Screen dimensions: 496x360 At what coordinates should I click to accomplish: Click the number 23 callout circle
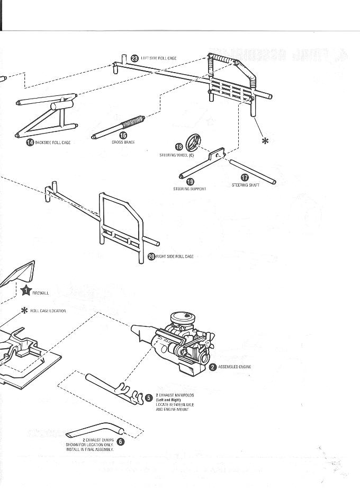pos(134,58)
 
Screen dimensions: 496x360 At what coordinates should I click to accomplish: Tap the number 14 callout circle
pos(30,143)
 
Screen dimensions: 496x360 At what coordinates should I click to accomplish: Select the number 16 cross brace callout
pos(123,136)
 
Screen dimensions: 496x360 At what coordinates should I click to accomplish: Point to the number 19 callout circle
pos(190,182)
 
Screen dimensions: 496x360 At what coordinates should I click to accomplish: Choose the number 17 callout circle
pos(245,178)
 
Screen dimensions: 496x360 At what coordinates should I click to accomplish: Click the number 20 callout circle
pos(151,256)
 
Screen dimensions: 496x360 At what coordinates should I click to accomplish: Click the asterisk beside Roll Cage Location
pos(23,311)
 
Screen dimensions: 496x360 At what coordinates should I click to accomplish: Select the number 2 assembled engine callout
pos(213,367)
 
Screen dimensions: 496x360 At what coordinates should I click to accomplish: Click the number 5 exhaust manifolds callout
pos(149,397)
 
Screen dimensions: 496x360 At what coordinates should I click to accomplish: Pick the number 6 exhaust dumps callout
pos(121,441)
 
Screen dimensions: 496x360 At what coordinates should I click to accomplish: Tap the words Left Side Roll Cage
pos(158,58)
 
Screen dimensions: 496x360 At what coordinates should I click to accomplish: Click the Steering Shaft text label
pos(245,185)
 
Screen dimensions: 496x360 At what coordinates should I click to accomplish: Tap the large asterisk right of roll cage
pos(266,140)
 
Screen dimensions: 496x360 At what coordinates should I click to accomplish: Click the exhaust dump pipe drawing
pos(98,429)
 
